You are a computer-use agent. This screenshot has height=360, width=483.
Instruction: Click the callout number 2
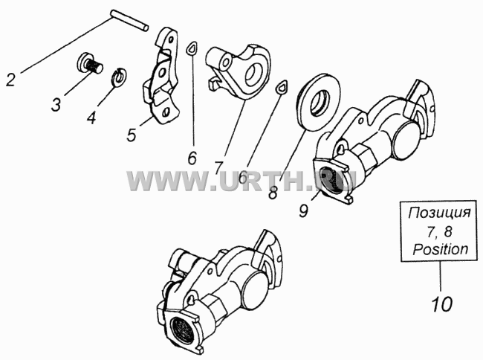click(10, 80)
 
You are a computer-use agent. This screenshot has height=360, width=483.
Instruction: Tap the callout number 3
click(56, 104)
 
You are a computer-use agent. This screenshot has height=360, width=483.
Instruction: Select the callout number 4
click(91, 117)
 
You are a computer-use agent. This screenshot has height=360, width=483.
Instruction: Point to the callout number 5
click(132, 135)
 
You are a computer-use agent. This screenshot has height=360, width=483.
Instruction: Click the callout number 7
click(218, 168)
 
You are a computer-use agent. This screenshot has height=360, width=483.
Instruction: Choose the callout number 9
click(303, 210)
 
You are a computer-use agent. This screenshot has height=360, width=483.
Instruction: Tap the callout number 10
click(441, 304)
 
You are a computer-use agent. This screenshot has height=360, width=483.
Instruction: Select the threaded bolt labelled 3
click(89, 64)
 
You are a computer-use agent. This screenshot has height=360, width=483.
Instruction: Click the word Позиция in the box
click(440, 213)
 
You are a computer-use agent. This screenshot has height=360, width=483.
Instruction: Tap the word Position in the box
click(441, 249)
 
